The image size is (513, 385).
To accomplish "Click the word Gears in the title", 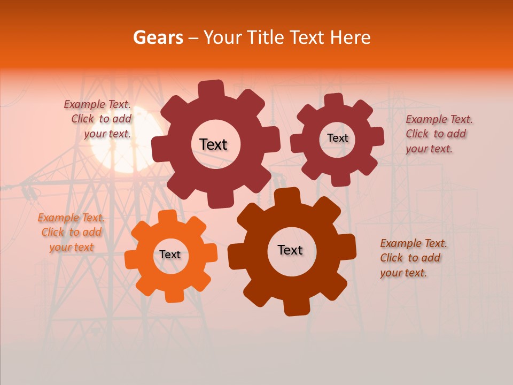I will (x=158, y=37).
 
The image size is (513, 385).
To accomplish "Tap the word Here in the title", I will (x=350, y=37).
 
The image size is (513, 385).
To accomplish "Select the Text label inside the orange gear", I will (x=170, y=255).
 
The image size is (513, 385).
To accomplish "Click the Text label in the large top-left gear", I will (x=213, y=144).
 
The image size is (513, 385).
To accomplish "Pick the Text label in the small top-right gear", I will (x=337, y=138).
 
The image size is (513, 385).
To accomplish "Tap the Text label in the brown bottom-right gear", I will (x=290, y=250).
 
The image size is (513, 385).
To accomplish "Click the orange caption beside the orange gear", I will (x=71, y=233).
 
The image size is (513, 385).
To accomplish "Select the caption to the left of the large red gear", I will (x=99, y=119).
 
